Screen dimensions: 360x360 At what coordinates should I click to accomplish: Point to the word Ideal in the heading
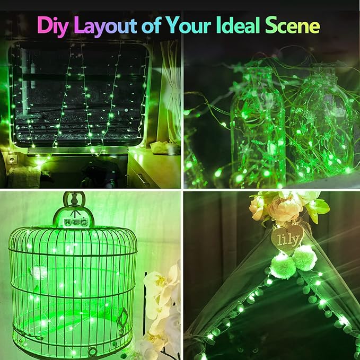point(247,25)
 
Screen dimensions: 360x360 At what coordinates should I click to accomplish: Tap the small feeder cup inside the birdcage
point(38,271)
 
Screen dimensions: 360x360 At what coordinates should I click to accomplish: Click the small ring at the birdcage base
point(92,351)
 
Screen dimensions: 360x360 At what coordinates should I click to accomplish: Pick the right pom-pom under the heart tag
point(305,258)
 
